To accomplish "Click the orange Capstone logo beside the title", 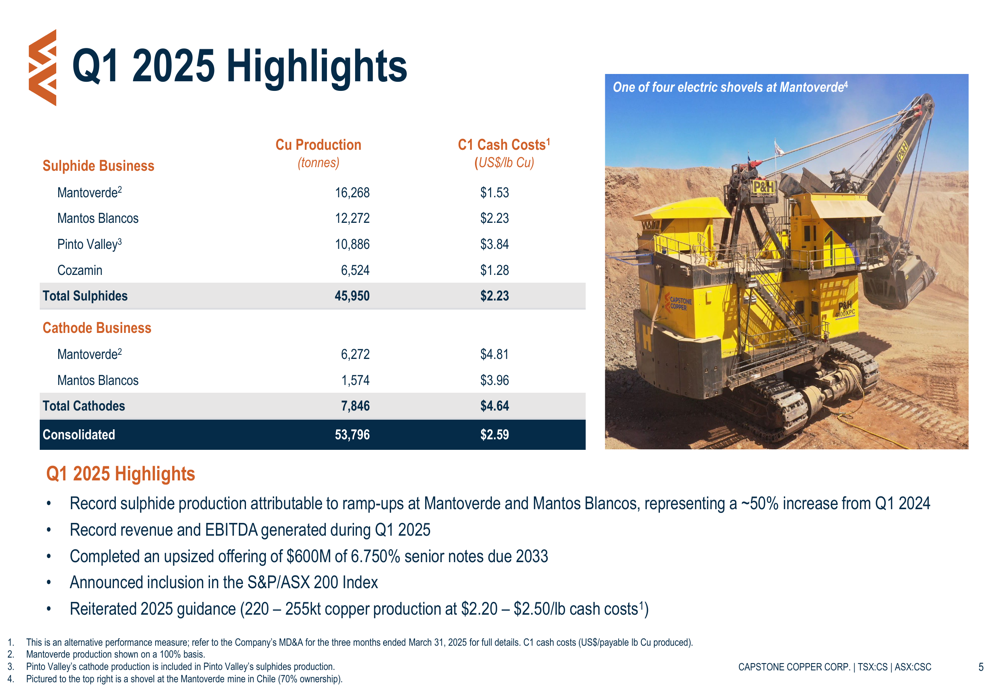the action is [x=43, y=67].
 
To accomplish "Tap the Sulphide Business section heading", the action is [x=98, y=166].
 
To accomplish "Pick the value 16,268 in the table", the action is [x=352, y=193].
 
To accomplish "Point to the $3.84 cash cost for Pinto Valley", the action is [x=494, y=244].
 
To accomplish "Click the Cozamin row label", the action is [x=80, y=270].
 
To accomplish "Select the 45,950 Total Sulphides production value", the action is [x=352, y=296].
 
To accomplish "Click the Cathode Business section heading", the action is [x=97, y=328].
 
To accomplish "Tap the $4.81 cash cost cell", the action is [x=494, y=354].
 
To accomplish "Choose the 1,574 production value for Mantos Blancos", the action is [x=355, y=380].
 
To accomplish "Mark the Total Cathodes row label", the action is [x=84, y=406].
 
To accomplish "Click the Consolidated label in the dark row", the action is [x=79, y=435].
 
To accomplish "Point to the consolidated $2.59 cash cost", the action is [x=494, y=435].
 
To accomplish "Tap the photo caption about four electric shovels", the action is [x=730, y=87].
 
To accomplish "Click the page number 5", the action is [x=981, y=667].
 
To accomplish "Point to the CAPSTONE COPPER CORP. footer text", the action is [x=794, y=667].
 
